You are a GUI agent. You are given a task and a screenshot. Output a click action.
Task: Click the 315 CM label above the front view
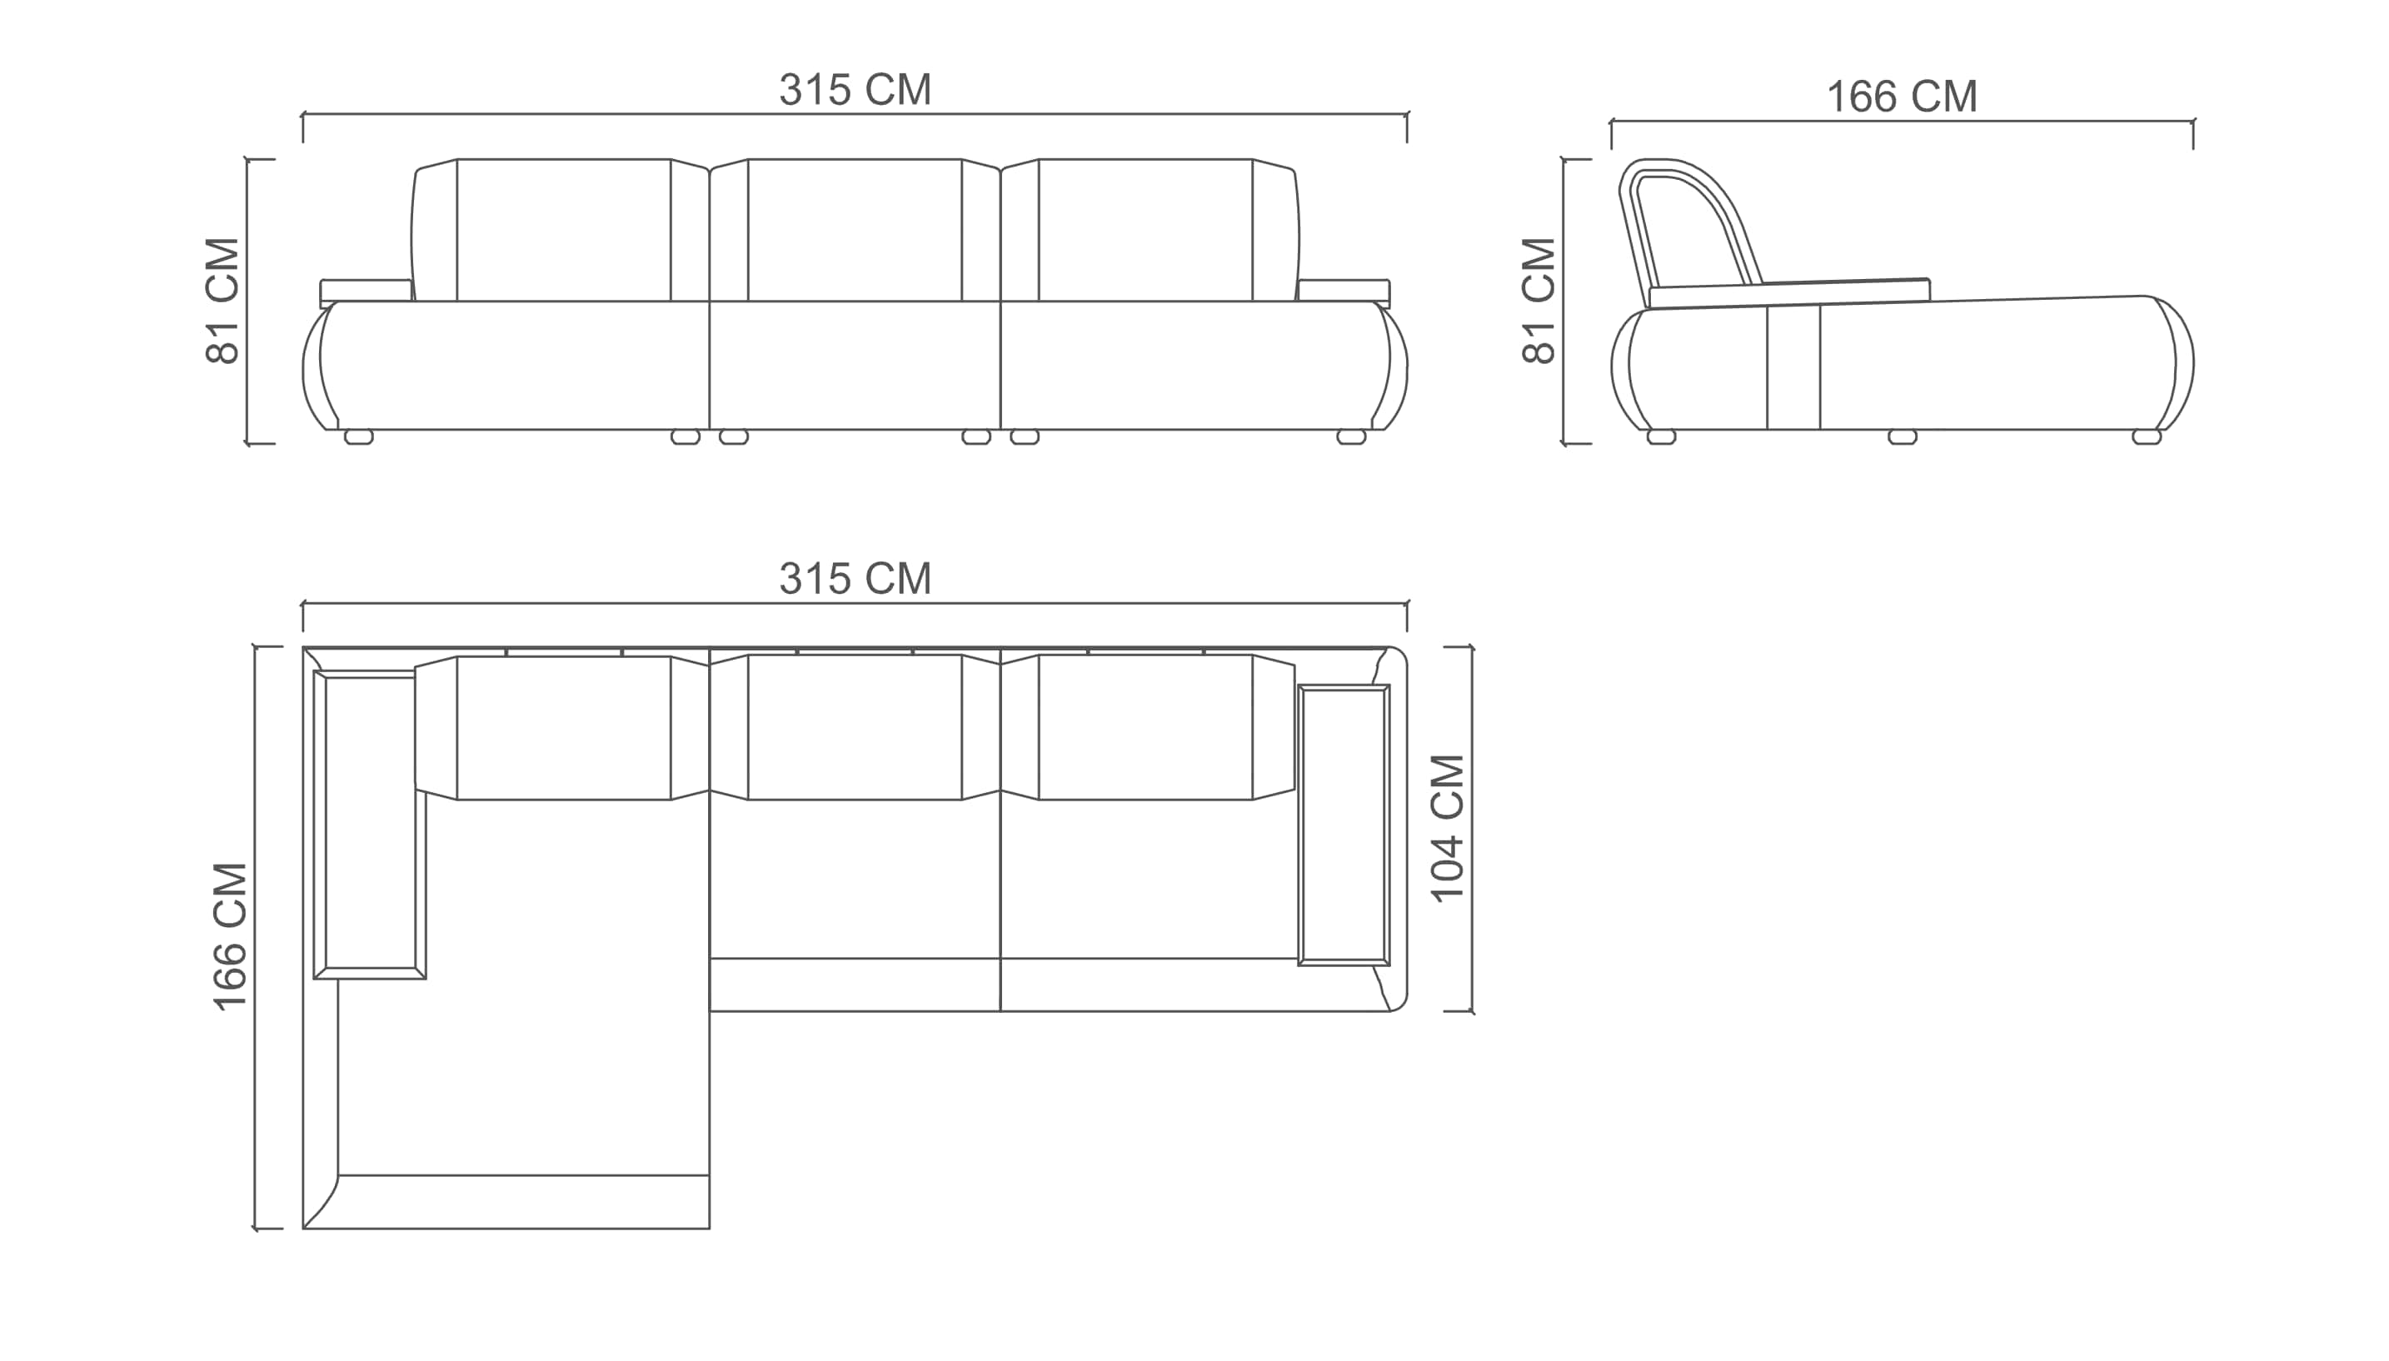click(855, 90)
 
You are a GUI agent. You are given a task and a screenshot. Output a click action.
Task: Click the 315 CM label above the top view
click(855, 579)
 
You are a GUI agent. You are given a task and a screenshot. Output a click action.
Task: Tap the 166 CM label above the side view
click(1901, 97)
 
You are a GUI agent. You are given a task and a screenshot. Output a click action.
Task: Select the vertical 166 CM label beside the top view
click(230, 936)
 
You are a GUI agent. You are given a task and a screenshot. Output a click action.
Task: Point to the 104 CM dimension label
click(1448, 828)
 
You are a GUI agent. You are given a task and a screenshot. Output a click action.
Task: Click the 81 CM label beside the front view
click(222, 301)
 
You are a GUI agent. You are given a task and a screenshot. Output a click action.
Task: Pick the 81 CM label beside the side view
click(1539, 301)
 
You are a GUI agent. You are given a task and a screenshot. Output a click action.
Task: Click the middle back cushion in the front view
click(855, 230)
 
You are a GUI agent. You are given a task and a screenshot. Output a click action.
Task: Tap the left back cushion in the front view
click(560, 230)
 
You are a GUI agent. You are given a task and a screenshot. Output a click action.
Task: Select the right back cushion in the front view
click(1150, 230)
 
